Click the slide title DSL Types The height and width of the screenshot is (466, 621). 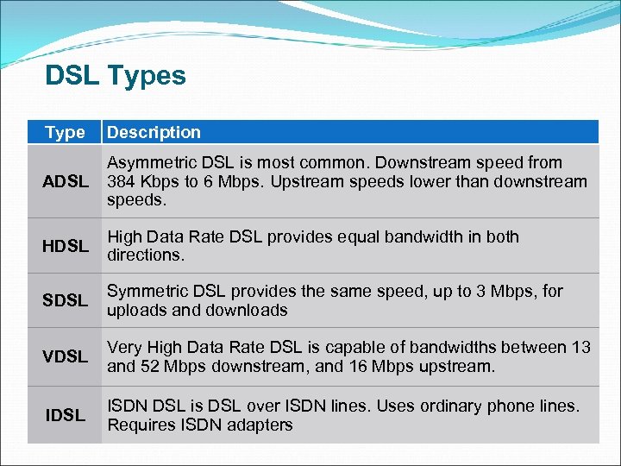pos(116,76)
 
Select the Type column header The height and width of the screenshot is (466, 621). pos(66,133)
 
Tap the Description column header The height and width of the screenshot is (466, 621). pos(154,133)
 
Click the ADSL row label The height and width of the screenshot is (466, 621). pos(66,182)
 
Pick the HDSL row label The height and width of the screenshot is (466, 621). pos(66,247)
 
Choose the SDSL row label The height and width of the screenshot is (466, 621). pos(66,301)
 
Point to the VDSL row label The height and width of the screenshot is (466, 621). pos(66,356)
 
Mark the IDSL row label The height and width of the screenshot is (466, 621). pos(66,416)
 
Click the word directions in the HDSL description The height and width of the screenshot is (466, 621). pos(144,256)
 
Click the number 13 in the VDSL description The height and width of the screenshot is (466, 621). pos(580,348)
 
